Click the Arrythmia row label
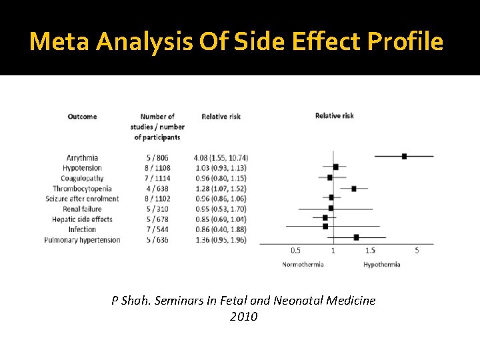(x=82, y=157)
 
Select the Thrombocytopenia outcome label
(x=82, y=189)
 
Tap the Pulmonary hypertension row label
(x=82, y=240)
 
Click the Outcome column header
(x=82, y=117)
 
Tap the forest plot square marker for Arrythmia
(x=404, y=156)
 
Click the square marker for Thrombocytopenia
(x=354, y=189)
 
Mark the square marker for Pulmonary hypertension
(x=356, y=237)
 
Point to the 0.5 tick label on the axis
(x=295, y=251)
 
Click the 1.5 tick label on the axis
(x=370, y=251)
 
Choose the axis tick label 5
(x=417, y=251)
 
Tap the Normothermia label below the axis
(x=303, y=265)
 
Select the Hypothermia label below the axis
(x=382, y=265)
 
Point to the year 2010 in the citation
(x=243, y=317)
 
